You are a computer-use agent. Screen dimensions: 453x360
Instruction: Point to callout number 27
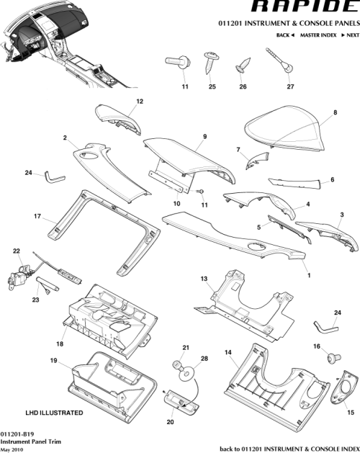pyautogui.click(x=291, y=87)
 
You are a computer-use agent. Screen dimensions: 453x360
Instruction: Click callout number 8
pyautogui.click(x=335, y=113)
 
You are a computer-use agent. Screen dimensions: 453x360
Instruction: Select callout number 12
pyautogui.click(x=140, y=101)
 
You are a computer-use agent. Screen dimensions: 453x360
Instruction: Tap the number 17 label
pyautogui.click(x=36, y=215)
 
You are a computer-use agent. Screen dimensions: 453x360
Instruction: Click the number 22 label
pyautogui.click(x=16, y=251)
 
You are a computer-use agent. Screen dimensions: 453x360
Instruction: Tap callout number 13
pyautogui.click(x=204, y=279)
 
